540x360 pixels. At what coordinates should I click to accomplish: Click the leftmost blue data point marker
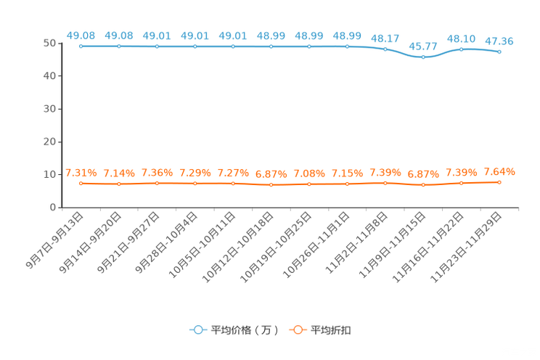click(x=81, y=46)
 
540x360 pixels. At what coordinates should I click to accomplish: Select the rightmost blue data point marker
click(x=499, y=52)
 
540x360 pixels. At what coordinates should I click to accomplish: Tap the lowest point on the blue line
click(x=423, y=57)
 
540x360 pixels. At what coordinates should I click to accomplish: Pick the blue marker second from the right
click(x=462, y=49)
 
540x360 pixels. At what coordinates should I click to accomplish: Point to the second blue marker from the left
click(x=119, y=46)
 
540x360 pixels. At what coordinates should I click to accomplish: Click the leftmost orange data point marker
click(x=81, y=184)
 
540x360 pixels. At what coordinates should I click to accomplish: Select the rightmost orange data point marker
click(x=499, y=182)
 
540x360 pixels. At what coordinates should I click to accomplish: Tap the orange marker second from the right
click(x=462, y=184)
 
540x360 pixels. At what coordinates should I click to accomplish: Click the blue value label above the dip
click(x=423, y=47)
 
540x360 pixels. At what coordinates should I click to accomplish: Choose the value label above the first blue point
click(x=81, y=35)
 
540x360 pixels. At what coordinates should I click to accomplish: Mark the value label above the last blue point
click(x=499, y=41)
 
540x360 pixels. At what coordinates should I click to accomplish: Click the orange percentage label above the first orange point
click(x=81, y=172)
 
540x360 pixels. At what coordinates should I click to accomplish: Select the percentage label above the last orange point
click(x=499, y=171)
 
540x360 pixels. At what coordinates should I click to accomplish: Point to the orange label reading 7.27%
click(x=233, y=172)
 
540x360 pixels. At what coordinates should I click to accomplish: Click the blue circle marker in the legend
click(x=197, y=330)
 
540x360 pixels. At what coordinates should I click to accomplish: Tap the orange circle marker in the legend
click(x=298, y=330)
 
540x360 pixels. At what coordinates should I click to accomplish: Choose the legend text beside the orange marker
click(x=331, y=330)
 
